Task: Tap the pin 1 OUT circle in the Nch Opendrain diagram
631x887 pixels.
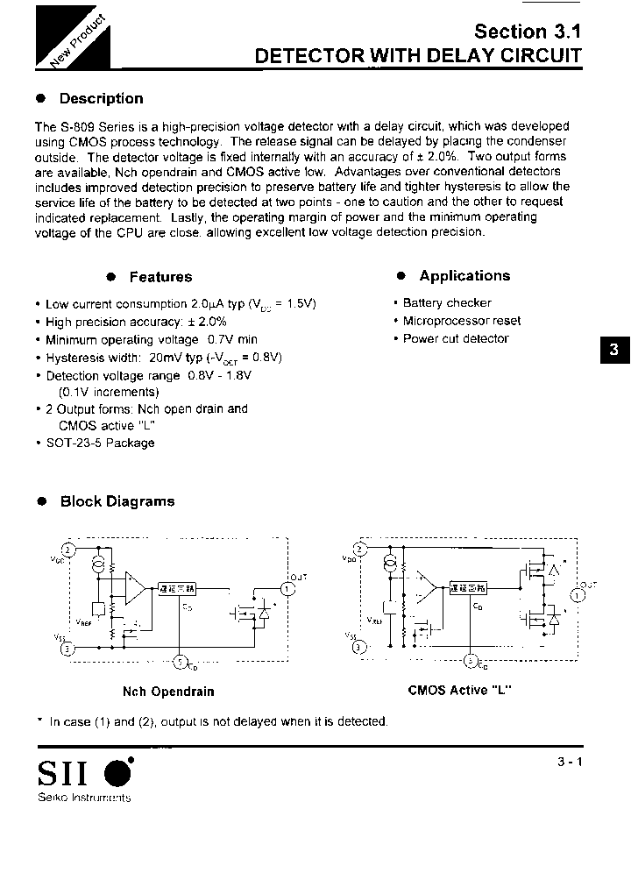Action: pyautogui.click(x=291, y=589)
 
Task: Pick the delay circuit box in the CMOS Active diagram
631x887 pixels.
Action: pyautogui.click(x=469, y=588)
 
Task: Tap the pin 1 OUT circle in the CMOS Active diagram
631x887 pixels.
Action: pyautogui.click(x=577, y=595)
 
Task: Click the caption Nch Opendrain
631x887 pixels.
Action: pyautogui.click(x=168, y=692)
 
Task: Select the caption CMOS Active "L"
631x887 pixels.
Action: pyautogui.click(x=460, y=691)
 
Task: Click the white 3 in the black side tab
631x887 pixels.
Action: pyautogui.click(x=613, y=350)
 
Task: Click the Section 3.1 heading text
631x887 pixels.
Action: pyautogui.click(x=527, y=32)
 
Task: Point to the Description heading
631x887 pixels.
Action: pyautogui.click(x=101, y=99)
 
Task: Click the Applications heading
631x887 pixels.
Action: pyautogui.click(x=464, y=276)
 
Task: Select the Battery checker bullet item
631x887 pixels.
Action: pyautogui.click(x=447, y=303)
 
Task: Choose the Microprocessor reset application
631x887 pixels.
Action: pyautogui.click(x=461, y=321)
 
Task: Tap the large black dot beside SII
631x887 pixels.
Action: pyautogui.click(x=118, y=773)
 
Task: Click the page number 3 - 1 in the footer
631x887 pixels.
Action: pyautogui.click(x=569, y=763)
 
